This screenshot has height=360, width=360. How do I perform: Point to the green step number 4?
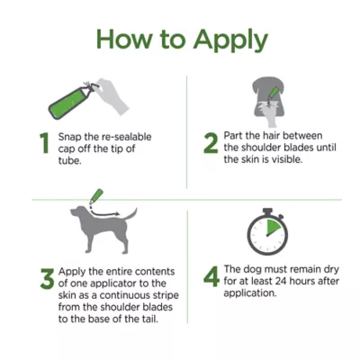(x=211, y=275)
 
